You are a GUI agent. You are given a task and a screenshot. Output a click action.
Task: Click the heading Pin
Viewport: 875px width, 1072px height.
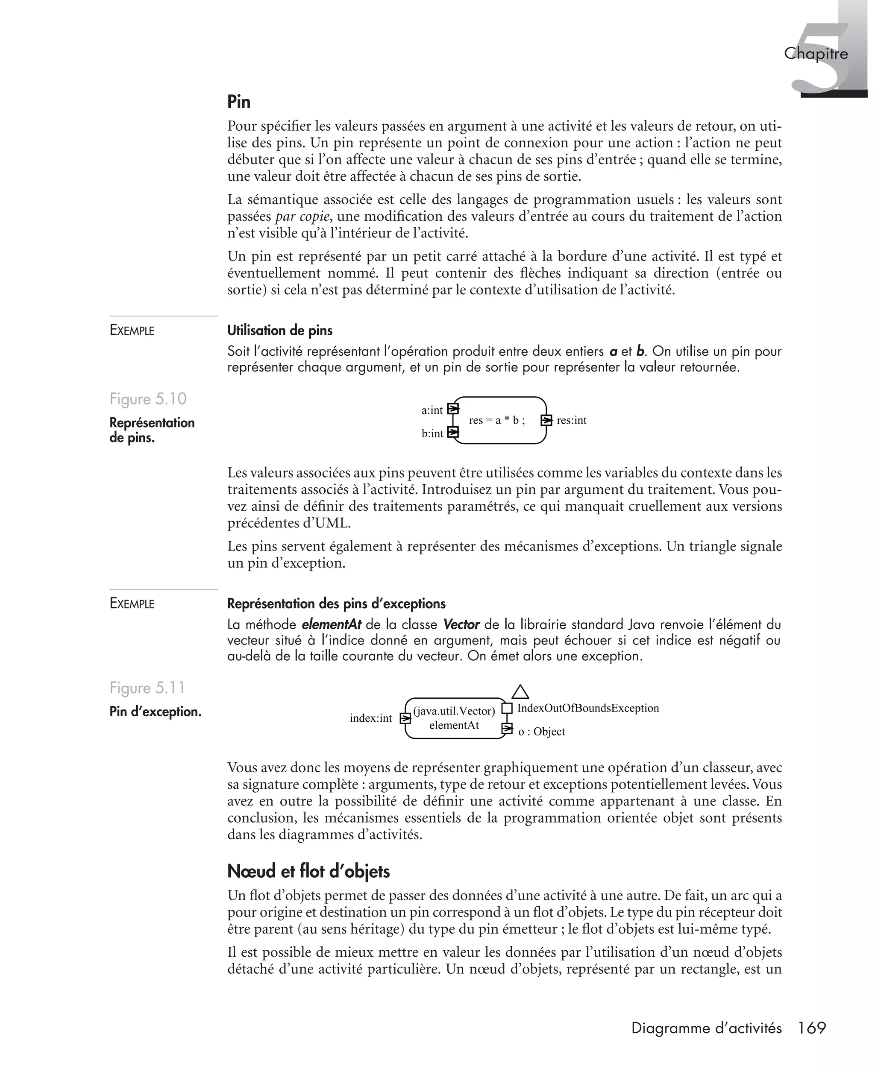tap(238, 102)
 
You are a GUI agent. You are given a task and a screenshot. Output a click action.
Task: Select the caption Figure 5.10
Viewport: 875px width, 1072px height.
tap(148, 399)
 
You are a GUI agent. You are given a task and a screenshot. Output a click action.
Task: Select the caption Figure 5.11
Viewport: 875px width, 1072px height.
tap(147, 688)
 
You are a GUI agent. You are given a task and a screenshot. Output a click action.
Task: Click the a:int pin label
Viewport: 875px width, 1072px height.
tap(432, 410)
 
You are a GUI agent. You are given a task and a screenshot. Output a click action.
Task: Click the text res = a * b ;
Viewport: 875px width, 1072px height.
tap(496, 420)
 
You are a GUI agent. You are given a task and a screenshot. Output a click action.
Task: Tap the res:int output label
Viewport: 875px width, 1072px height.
tap(571, 420)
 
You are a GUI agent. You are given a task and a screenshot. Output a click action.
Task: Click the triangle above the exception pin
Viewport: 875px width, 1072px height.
tap(520, 692)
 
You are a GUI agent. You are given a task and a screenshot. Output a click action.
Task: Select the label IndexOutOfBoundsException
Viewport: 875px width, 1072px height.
tap(588, 708)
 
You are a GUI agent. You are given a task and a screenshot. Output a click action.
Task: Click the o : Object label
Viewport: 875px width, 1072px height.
tap(541, 732)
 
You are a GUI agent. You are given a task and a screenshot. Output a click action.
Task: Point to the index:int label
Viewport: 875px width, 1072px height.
tap(370, 718)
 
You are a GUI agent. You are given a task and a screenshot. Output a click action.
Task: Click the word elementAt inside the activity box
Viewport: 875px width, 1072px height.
tap(454, 725)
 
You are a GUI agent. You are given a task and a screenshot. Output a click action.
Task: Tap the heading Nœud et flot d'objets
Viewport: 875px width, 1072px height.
tap(308, 871)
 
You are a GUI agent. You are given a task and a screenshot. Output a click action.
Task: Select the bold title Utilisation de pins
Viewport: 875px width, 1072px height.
tap(280, 331)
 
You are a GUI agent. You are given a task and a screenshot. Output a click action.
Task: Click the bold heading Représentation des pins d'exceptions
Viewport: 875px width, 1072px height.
tap(336, 603)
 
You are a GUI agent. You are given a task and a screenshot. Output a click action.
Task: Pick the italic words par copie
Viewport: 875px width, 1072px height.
tap(302, 217)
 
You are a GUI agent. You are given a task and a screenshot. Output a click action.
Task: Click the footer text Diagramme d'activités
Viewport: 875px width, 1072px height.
tap(706, 1028)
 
